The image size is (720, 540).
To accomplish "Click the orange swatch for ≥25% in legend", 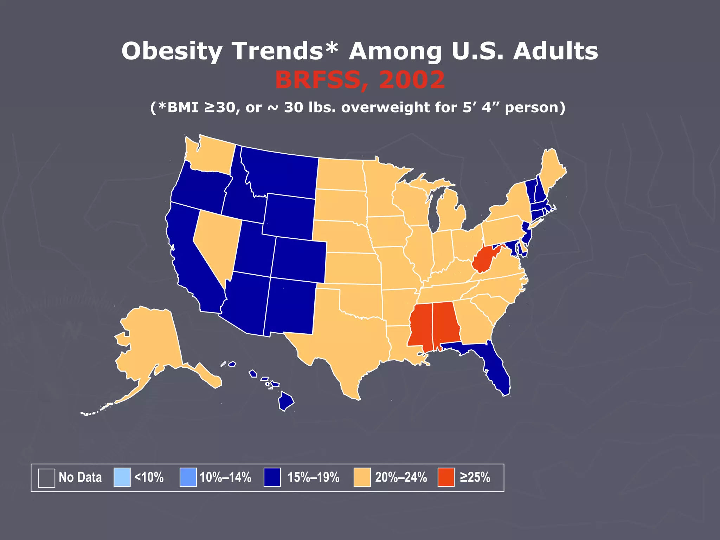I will pos(446,477).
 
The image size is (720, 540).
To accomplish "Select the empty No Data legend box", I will pos(46,478).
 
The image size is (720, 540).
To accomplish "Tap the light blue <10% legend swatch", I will pos(122,477).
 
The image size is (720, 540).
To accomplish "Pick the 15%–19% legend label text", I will pos(313,477).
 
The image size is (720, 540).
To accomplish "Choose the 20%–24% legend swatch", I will pos(362,477).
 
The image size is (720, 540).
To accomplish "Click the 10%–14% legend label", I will pos(225,477).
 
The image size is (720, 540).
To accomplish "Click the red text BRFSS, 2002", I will pos(360,80).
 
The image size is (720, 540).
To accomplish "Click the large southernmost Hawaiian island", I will pos(286,401).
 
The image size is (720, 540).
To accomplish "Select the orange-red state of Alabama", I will pos(445,323).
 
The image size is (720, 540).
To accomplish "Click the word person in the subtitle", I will pos(534,107).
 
